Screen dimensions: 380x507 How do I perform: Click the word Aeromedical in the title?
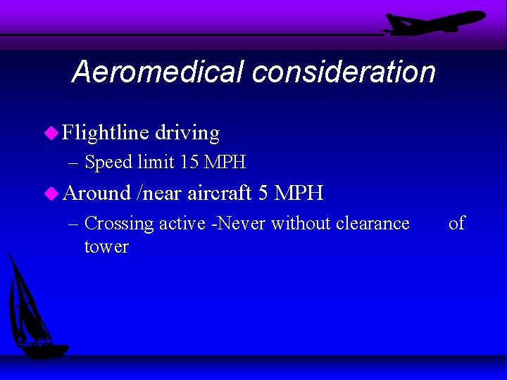(157, 72)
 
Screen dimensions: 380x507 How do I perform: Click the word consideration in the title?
(343, 72)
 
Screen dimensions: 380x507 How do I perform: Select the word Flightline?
(106, 132)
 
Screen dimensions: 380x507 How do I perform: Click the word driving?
(187, 132)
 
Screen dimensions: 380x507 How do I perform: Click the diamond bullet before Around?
(51, 192)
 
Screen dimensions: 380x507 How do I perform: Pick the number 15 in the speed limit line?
(189, 163)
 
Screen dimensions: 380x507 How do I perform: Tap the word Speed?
(108, 163)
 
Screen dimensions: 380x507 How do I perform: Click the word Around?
(97, 193)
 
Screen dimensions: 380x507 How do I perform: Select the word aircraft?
(220, 193)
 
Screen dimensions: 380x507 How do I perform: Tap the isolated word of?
(456, 224)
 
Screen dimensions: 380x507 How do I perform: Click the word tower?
(106, 247)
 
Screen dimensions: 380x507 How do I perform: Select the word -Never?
(238, 224)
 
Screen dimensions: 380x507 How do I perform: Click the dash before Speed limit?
(75, 163)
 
